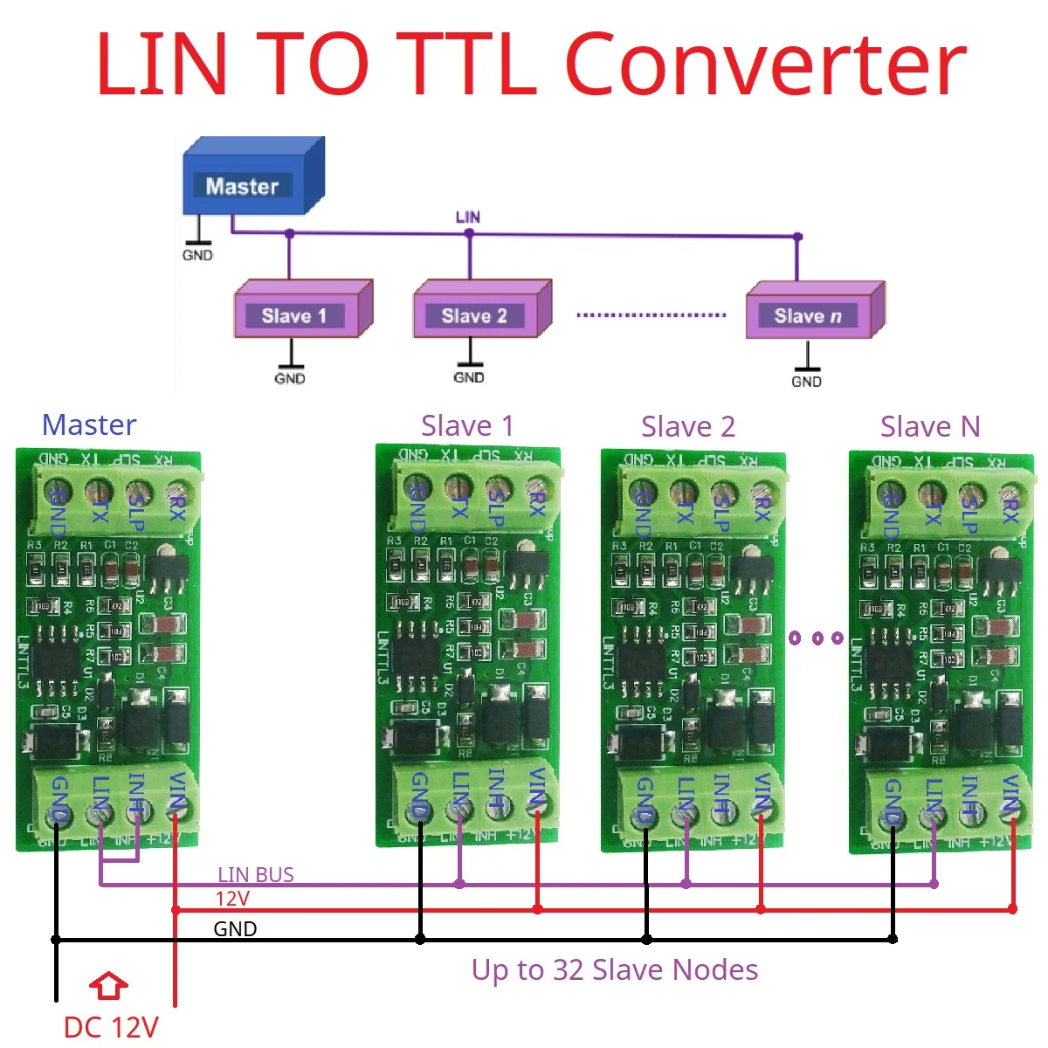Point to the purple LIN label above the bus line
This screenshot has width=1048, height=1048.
[468, 217]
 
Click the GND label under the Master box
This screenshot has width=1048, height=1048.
[197, 255]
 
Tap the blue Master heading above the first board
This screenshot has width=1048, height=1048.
[89, 424]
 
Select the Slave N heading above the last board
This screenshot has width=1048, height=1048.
[930, 426]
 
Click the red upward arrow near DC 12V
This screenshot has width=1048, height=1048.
[109, 986]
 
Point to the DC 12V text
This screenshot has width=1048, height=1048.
[111, 1026]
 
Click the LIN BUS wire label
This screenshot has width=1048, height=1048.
[255, 874]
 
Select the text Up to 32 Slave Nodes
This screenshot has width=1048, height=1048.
[615, 969]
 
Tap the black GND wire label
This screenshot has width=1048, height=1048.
[235, 928]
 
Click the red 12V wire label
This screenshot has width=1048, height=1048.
[232, 899]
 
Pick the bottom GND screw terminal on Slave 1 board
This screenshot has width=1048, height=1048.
[420, 810]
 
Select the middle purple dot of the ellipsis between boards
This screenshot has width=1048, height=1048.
[817, 638]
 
